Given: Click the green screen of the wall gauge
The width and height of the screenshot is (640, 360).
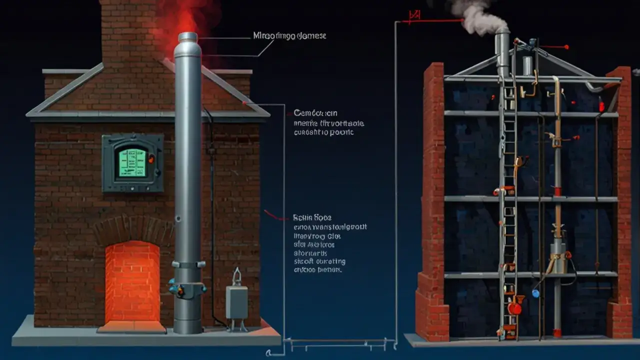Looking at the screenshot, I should point(132,162).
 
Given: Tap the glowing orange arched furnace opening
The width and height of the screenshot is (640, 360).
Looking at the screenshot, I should point(132,282).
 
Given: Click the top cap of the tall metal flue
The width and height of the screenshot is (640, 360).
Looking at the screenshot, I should point(187,38).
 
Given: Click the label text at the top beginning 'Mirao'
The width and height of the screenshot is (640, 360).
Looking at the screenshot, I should point(290,36).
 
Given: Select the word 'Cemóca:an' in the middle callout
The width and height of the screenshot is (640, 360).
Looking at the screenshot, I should point(315,113).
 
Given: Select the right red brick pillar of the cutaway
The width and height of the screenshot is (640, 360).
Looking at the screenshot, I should point(621,200).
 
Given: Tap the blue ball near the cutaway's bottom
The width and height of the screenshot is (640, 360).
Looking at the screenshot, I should point(535,293).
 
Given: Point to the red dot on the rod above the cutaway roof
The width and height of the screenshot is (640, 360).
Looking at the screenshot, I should point(566,47).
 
